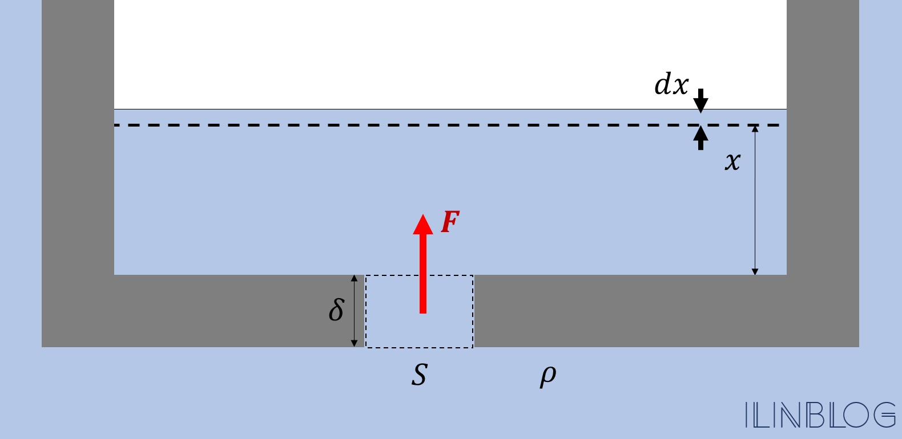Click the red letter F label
click(x=450, y=222)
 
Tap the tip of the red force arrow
click(x=423, y=214)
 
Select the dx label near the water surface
click(x=671, y=84)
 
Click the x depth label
click(x=732, y=162)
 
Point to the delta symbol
click(x=336, y=310)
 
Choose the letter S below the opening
click(x=419, y=375)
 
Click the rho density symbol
click(x=547, y=376)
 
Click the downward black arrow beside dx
click(x=700, y=101)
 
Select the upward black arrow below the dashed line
click(x=700, y=138)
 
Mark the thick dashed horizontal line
click(x=447, y=125)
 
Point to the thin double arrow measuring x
click(x=755, y=200)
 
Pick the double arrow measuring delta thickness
click(x=354, y=311)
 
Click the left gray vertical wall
click(x=78, y=137)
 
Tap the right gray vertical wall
click(x=823, y=137)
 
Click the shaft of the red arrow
click(x=423, y=273)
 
